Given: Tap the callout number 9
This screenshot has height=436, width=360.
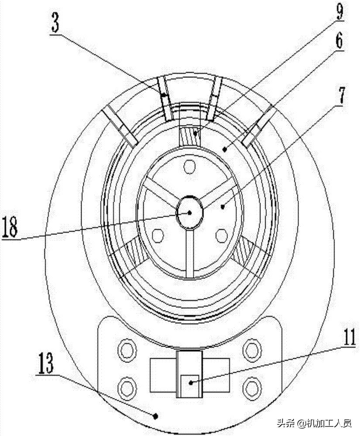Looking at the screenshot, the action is click(x=339, y=10).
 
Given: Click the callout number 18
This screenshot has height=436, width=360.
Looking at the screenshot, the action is click(x=10, y=227).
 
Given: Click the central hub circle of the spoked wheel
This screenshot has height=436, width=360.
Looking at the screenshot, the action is click(x=189, y=212).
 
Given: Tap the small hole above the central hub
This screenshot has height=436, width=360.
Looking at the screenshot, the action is click(x=189, y=167).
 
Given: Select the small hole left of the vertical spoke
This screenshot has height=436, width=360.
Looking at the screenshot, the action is click(x=158, y=235).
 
